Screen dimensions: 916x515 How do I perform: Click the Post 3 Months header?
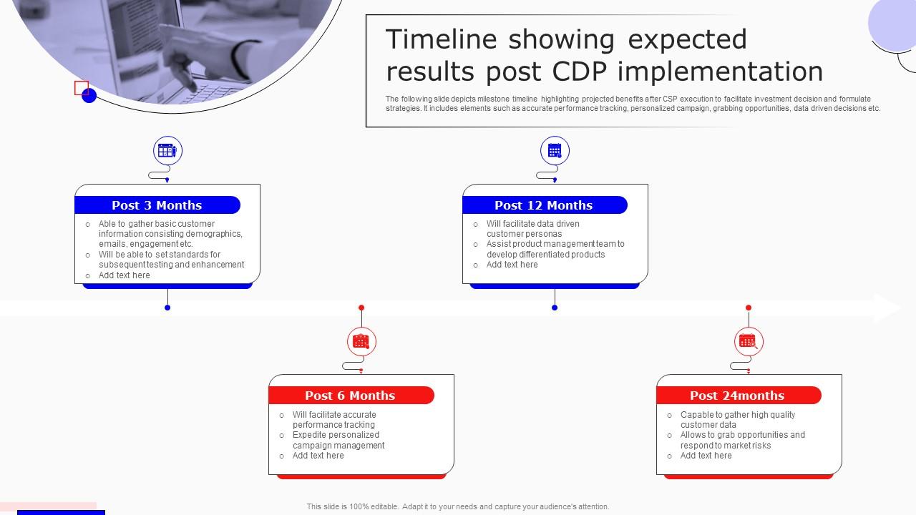(x=157, y=205)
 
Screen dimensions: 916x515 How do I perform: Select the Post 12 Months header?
(x=545, y=205)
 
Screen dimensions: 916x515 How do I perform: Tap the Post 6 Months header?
(x=351, y=396)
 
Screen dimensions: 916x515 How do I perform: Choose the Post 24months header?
(x=738, y=396)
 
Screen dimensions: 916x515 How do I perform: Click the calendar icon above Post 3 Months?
(x=167, y=150)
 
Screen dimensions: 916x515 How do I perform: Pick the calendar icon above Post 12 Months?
(x=555, y=150)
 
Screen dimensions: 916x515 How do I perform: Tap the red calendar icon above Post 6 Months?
(x=361, y=341)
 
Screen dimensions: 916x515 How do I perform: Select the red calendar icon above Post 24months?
(x=749, y=341)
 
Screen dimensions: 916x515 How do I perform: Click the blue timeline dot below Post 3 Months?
(x=167, y=308)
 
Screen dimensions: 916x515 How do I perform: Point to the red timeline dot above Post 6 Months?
(x=361, y=308)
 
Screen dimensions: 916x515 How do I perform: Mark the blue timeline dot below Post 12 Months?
(x=555, y=308)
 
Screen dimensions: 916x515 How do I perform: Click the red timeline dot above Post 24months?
(x=749, y=308)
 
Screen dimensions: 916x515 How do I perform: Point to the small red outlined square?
(x=82, y=88)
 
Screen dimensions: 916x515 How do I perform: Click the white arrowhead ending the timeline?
(x=888, y=308)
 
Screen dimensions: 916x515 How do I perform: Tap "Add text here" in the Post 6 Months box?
(x=318, y=456)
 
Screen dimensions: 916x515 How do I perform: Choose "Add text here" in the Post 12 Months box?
(x=512, y=265)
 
